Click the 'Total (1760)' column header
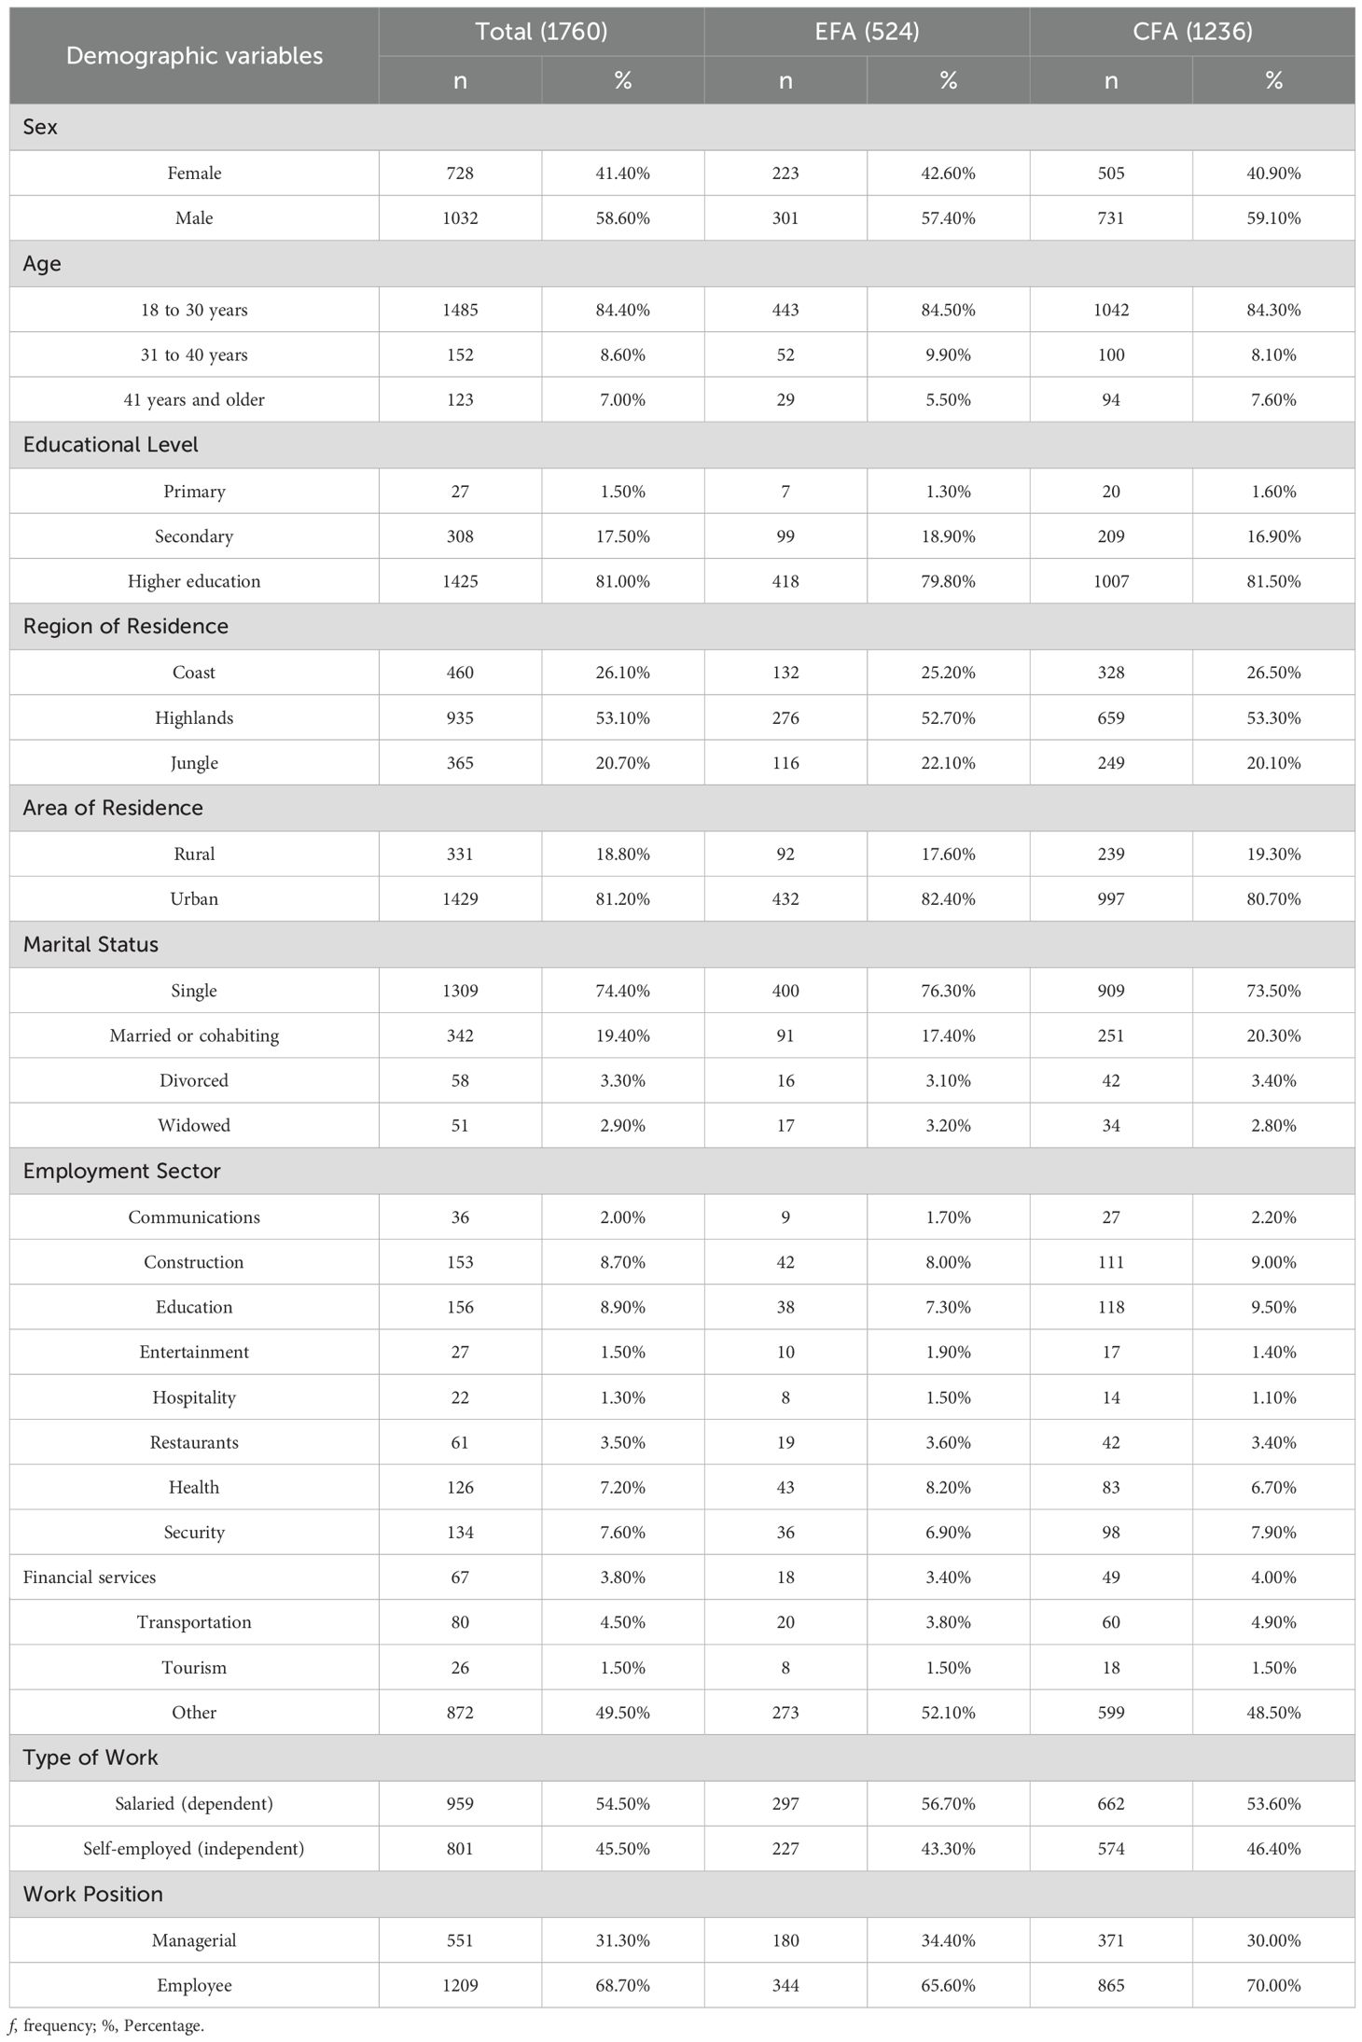[x=541, y=32]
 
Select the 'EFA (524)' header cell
[x=867, y=32]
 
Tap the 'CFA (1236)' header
[x=1191, y=32]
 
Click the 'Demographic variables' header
[x=194, y=56]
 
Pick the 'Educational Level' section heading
[x=111, y=445]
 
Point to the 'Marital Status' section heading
[x=90, y=944]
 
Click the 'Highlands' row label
[x=194, y=717]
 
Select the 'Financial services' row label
[x=90, y=1577]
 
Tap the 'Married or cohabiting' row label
[x=194, y=1035]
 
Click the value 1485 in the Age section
[x=460, y=310]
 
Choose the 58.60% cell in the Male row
[x=622, y=218]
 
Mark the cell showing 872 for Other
[x=460, y=1712]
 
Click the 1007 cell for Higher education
[x=1110, y=581]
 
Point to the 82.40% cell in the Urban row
[x=948, y=899]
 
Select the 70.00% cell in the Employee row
[x=1273, y=1985]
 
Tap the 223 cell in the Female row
[x=785, y=174]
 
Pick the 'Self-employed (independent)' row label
[x=194, y=1848]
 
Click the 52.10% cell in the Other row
[x=948, y=1712]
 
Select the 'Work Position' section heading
[x=93, y=1894]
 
